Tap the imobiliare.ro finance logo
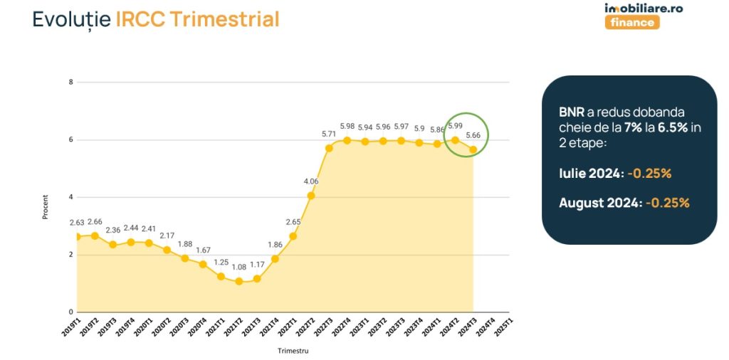633,15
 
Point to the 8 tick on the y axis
70,82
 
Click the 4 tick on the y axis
70,197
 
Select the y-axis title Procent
45,206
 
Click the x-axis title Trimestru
293,351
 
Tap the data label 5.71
328,134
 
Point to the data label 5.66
473,135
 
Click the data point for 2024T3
473,149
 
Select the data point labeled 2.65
293,236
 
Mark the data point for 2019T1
77,236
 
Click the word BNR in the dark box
572,113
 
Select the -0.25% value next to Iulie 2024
650,173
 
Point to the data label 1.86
274,245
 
